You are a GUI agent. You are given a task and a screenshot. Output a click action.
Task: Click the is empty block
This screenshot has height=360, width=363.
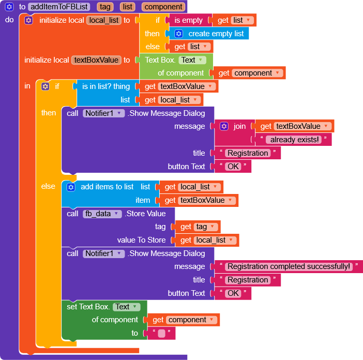point(188,20)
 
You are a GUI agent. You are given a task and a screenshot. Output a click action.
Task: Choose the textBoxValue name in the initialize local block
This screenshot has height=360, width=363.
point(96,60)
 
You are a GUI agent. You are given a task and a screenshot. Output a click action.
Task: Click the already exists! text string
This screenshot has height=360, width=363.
point(295,140)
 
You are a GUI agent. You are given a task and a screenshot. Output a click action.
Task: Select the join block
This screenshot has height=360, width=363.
point(239,126)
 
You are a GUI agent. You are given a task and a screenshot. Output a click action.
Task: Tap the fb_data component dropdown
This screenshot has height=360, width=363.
point(101,214)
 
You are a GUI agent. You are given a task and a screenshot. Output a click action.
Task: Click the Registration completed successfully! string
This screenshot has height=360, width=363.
point(289,266)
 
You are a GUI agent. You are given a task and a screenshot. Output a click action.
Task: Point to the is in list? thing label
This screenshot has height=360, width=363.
point(105,86)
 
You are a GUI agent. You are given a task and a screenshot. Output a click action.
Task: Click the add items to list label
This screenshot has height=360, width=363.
point(107,187)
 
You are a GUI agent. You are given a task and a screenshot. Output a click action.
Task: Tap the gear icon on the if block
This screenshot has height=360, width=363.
point(45,86)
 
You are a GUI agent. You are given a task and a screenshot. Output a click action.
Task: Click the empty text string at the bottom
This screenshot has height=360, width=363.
point(161,333)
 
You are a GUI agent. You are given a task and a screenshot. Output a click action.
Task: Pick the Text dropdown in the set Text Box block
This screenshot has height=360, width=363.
point(126,307)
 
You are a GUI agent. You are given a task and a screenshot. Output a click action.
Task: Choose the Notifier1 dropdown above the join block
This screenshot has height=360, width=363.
point(103,113)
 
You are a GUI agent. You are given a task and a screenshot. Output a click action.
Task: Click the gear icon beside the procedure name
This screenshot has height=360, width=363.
point(9,7)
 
